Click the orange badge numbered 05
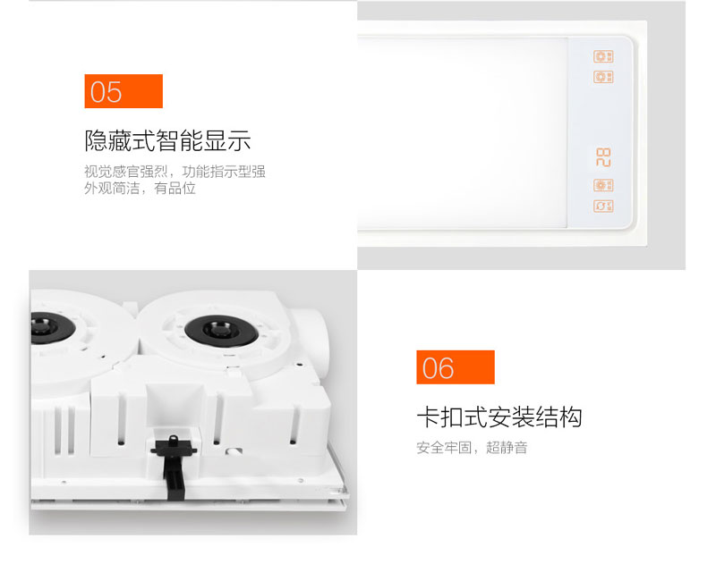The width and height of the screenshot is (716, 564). pos(124,91)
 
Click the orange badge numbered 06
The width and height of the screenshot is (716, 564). pos(456,367)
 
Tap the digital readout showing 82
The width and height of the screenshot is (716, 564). pos(603,157)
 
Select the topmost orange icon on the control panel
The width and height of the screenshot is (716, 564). pos(603,56)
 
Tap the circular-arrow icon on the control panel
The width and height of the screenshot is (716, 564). pos(603,206)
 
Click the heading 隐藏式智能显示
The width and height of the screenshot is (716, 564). pos(167,140)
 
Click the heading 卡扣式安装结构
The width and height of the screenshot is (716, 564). pos(499,417)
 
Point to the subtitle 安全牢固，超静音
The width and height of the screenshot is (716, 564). pos(473,448)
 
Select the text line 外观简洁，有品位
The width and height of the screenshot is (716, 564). pos(141,188)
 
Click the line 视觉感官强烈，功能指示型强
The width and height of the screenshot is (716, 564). pos(175,172)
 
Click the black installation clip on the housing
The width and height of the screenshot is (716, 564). pos(174,465)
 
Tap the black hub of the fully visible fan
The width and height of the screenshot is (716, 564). pos(221,330)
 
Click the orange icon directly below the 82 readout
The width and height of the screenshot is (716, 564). pos(603,185)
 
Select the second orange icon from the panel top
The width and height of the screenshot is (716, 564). pos(603,77)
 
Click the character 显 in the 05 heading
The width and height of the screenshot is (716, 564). pos(216,140)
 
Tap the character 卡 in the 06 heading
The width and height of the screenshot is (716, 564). pos(429,417)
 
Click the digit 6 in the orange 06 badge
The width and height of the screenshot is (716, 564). pos(446,368)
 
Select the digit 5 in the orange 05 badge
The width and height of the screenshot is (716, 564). pos(115,92)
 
